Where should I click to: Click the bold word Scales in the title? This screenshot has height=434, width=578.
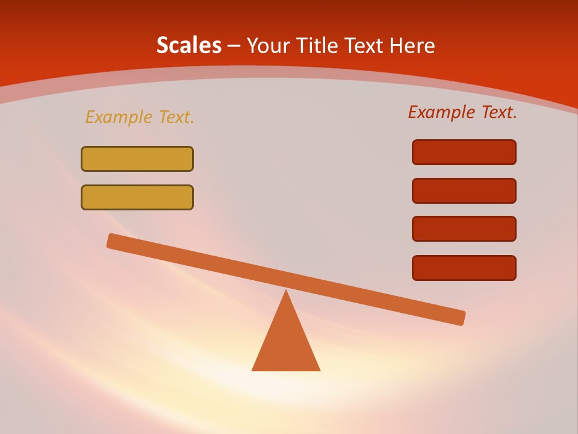[188, 45]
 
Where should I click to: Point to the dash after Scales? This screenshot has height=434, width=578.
[234, 46]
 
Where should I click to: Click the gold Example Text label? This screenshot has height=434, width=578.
[140, 117]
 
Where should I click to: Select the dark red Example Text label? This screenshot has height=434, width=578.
[462, 112]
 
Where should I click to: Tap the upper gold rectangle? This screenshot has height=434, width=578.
[137, 159]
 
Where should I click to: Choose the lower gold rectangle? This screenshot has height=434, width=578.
[137, 197]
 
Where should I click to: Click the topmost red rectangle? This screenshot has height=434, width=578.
[464, 152]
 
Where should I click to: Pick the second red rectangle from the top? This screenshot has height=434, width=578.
[464, 190]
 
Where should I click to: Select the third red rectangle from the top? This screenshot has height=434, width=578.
[464, 228]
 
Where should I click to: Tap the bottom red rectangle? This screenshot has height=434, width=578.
[464, 268]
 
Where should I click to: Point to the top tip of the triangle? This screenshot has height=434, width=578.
[286, 292]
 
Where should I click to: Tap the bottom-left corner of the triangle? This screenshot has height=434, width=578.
[253, 370]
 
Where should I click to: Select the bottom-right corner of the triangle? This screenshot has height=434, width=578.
[319, 370]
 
